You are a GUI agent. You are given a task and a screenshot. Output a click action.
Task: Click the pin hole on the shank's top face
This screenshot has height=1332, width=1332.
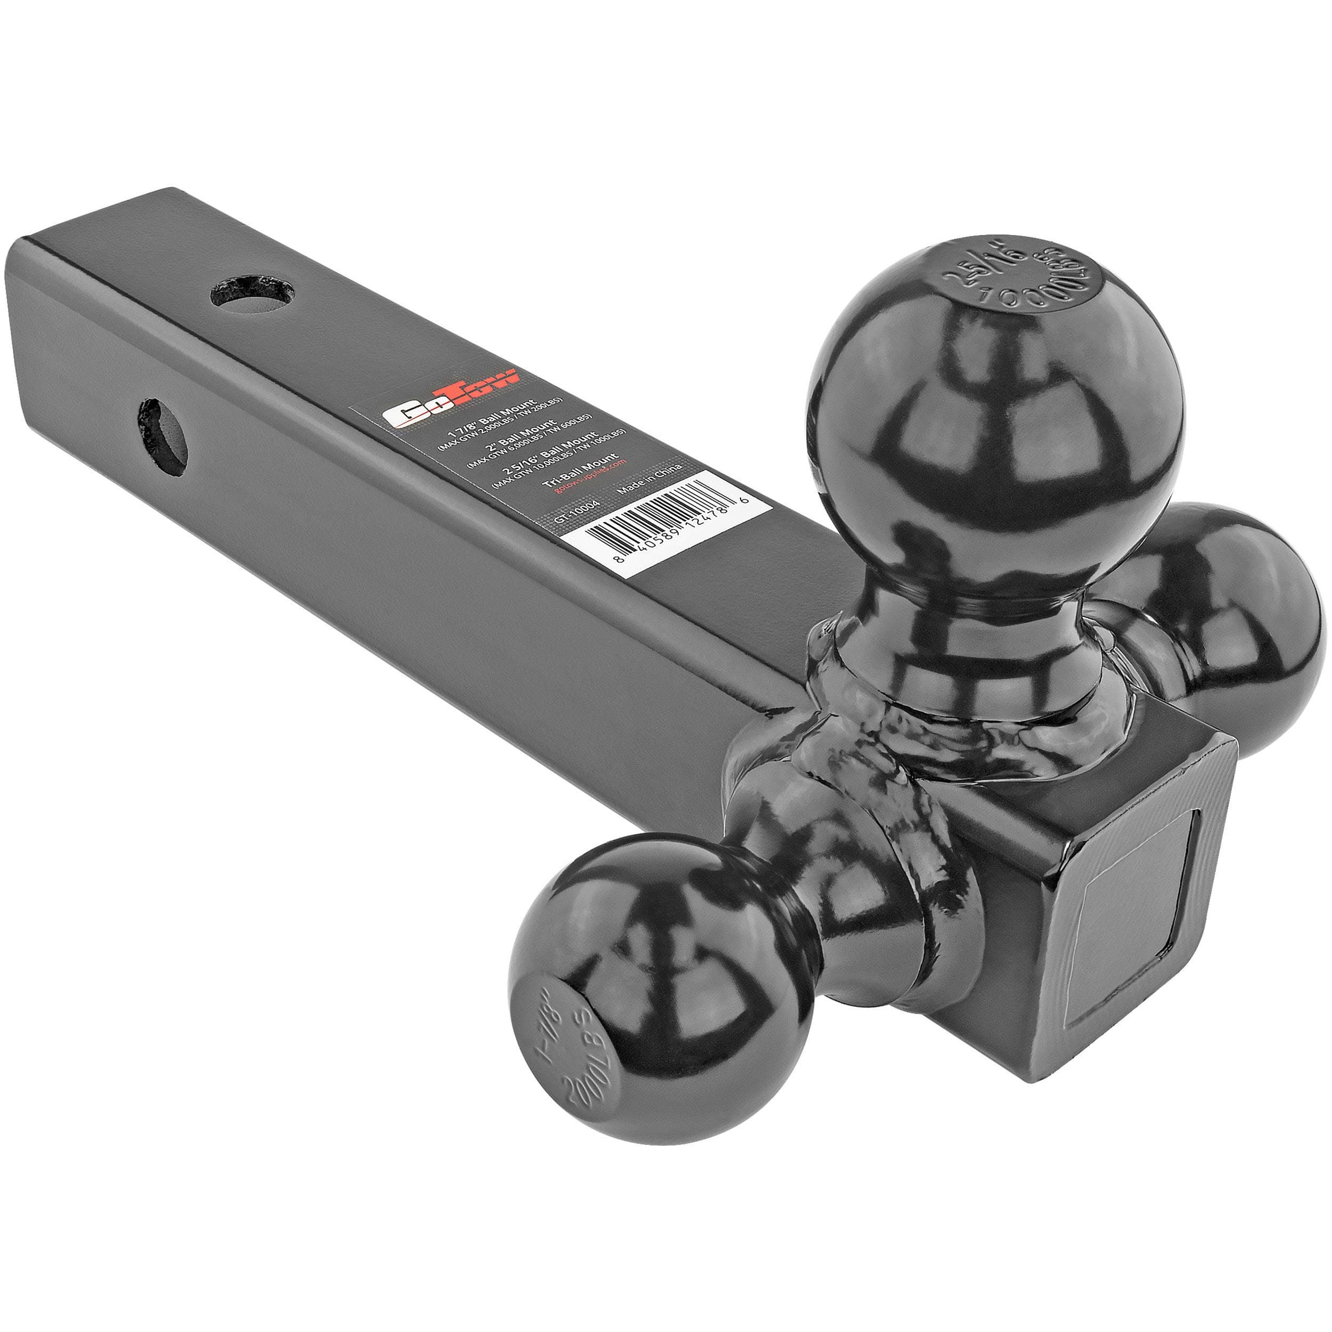click(x=253, y=294)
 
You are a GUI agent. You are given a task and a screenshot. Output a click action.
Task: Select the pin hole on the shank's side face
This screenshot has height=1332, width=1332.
click(x=163, y=437)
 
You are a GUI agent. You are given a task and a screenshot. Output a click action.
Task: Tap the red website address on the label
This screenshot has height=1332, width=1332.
click(x=587, y=474)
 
